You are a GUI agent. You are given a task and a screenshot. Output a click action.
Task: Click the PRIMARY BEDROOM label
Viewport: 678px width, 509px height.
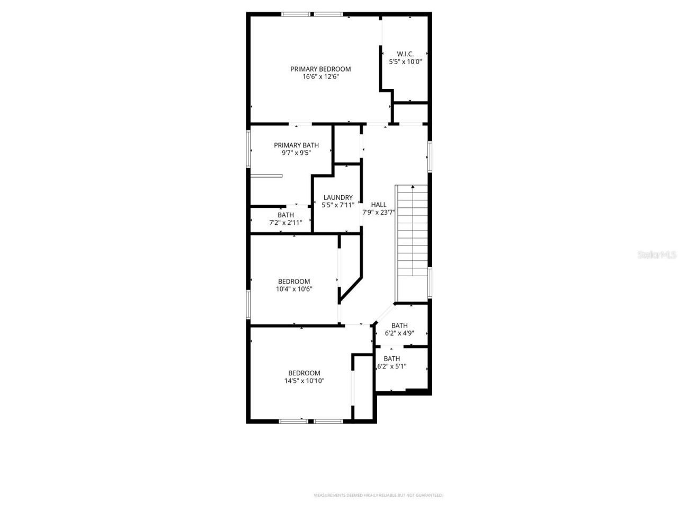[x=320, y=69]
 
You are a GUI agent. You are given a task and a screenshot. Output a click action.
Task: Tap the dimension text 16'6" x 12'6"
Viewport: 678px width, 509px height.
[x=320, y=77]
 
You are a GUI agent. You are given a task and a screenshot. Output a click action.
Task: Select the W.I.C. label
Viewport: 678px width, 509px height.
[x=405, y=54]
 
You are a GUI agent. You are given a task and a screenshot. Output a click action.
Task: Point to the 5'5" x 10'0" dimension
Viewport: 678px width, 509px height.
[x=405, y=62]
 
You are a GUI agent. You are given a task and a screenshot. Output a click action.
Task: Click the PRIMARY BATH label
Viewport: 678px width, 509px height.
[x=296, y=145]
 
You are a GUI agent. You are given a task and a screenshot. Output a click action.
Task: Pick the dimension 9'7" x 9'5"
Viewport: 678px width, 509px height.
[x=296, y=153]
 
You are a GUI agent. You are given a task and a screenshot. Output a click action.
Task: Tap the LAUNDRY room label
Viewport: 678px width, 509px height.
[x=338, y=198]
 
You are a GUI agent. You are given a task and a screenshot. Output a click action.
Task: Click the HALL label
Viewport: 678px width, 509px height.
[x=379, y=205]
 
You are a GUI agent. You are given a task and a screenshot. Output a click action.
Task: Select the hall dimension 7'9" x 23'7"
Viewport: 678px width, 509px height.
[x=379, y=212]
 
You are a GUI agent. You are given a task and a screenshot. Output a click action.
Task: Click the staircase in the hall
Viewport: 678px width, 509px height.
[x=412, y=233]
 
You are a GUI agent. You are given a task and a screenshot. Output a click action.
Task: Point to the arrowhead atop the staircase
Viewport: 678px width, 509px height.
[x=413, y=187]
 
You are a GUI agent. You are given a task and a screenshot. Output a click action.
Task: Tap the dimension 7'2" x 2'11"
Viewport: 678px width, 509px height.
[x=286, y=223]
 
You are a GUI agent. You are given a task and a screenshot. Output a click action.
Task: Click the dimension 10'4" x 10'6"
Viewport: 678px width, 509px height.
[x=294, y=289]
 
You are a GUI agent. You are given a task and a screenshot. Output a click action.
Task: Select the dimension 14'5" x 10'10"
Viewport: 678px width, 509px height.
[x=304, y=381]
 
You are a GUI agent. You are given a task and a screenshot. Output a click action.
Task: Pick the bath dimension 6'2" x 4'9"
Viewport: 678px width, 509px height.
[x=399, y=334]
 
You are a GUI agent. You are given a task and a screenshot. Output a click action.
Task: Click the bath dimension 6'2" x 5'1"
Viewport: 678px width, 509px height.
[x=391, y=366]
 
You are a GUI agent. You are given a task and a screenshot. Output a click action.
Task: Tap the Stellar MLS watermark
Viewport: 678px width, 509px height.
[x=657, y=255]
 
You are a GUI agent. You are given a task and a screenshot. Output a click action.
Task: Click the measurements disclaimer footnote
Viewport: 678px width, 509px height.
[x=378, y=495]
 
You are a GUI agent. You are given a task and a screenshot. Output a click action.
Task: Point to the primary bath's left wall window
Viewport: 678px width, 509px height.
[x=248, y=149]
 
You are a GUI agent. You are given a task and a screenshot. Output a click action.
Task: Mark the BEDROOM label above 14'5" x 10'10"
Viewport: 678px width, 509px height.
[x=304, y=373]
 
